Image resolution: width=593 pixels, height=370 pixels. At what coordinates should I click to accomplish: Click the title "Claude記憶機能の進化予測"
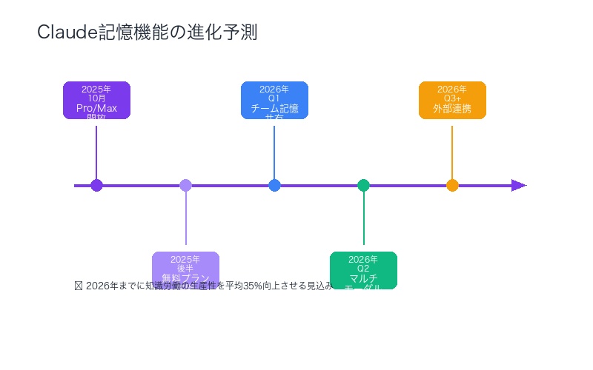(x=148, y=33)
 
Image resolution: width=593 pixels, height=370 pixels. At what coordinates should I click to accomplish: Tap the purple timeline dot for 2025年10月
(x=96, y=185)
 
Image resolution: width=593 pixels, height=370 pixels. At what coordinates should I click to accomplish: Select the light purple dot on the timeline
(x=185, y=185)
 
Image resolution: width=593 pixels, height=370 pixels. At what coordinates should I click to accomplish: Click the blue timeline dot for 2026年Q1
(x=274, y=185)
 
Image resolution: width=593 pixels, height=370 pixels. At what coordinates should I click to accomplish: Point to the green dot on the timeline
(x=363, y=185)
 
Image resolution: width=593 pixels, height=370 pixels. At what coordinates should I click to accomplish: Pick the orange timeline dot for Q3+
(x=452, y=185)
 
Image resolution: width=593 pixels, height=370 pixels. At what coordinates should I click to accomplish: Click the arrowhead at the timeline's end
(x=519, y=185)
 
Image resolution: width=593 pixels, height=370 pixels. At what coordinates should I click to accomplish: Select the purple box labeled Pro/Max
(x=96, y=100)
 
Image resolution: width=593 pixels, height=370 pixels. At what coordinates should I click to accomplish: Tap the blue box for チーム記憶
(x=274, y=100)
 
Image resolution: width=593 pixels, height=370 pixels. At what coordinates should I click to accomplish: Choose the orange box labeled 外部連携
(x=452, y=100)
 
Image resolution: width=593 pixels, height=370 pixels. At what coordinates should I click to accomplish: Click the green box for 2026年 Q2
(x=363, y=270)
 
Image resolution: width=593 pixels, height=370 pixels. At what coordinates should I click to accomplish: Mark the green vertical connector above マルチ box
(x=363, y=222)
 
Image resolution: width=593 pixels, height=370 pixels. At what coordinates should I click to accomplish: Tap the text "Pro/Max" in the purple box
(x=96, y=108)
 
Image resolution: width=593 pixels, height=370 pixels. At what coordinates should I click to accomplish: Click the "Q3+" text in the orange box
(x=452, y=98)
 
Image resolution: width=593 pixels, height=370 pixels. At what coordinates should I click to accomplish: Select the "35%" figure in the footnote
(x=253, y=286)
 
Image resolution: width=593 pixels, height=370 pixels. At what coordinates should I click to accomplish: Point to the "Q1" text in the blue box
(x=274, y=98)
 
